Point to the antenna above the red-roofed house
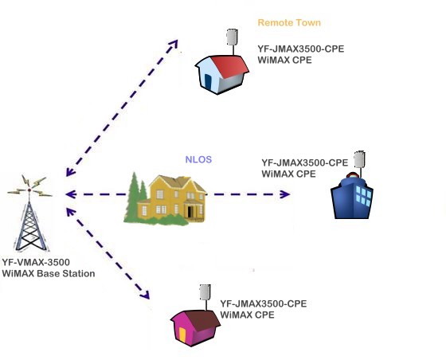[232, 37]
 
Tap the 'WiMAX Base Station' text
[49, 273]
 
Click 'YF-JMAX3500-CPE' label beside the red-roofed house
[300, 49]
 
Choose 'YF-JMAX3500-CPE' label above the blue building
[305, 162]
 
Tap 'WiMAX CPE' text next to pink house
[246, 315]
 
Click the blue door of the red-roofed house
[209, 80]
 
